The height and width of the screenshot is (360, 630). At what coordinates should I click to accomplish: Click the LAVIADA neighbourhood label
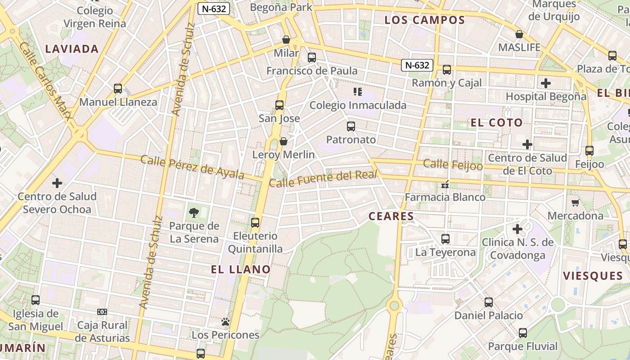tap(72, 49)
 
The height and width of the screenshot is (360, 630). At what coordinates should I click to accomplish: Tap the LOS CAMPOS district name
tap(425, 20)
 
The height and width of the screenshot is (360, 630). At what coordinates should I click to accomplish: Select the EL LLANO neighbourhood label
tap(241, 270)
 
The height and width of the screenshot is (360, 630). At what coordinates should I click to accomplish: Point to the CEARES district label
tap(391, 216)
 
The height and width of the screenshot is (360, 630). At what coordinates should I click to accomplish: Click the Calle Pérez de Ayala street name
tap(193, 167)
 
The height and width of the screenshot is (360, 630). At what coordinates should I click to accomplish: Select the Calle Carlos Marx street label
tap(46, 81)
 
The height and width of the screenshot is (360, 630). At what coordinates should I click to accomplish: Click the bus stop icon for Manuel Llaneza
tap(118, 89)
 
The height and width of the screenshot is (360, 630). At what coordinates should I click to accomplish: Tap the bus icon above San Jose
tap(279, 105)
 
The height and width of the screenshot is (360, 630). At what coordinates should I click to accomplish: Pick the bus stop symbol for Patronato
tap(351, 126)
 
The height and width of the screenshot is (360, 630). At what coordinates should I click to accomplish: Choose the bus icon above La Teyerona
tap(445, 239)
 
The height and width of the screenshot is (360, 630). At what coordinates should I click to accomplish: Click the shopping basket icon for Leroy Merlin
tap(283, 142)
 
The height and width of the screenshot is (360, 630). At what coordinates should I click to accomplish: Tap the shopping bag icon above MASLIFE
tap(519, 34)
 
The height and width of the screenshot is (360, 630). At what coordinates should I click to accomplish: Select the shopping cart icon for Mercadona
tap(575, 202)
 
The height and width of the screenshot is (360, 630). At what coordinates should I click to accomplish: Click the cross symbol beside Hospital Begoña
tap(546, 83)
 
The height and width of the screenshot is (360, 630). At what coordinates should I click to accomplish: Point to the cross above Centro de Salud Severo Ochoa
tap(57, 183)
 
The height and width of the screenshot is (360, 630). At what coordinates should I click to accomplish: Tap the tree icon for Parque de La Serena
tap(194, 212)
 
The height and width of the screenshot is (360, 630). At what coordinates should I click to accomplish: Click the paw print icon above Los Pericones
tap(225, 322)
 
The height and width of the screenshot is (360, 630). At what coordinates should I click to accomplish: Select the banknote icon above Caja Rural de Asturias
tap(102, 312)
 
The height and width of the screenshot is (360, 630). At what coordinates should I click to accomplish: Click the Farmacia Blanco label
tap(445, 197)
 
